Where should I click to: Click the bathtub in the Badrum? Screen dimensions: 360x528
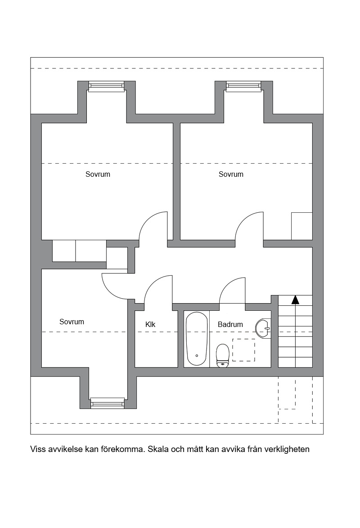pyautogui.click(x=197, y=339)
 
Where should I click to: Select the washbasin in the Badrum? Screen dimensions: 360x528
pyautogui.click(x=263, y=328)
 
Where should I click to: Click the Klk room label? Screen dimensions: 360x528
pyautogui.click(x=150, y=324)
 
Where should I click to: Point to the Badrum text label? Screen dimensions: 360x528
pyautogui.click(x=230, y=324)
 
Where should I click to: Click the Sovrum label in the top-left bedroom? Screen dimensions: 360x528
pyautogui.click(x=98, y=174)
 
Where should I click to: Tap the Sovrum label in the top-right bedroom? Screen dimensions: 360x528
pyautogui.click(x=231, y=174)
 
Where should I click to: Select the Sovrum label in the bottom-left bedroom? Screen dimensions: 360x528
pyautogui.click(x=72, y=322)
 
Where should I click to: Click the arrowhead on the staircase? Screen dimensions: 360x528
pyautogui.click(x=295, y=300)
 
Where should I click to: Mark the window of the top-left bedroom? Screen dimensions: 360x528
pyautogui.click(x=107, y=86)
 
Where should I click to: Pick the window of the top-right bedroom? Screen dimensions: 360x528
pyautogui.click(x=244, y=86)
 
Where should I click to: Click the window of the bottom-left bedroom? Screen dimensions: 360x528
pyautogui.click(x=108, y=403)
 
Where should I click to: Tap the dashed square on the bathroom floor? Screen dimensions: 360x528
pyautogui.click(x=244, y=350)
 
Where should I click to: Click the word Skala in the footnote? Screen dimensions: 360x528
pyautogui.click(x=158, y=449)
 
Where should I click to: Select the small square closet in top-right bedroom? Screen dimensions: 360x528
pyautogui.click(x=301, y=226)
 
